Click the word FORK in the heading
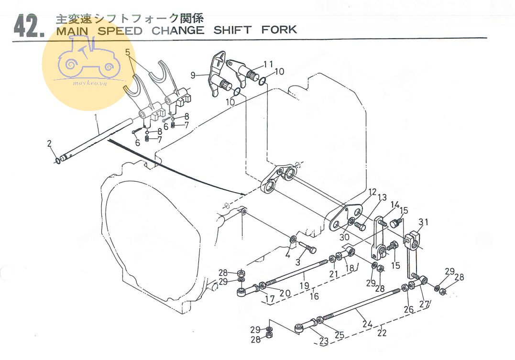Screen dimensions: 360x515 click(x=279, y=30)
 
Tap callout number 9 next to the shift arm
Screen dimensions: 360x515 click(x=193, y=75)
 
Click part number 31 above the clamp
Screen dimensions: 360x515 click(x=423, y=222)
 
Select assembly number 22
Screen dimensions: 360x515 click(x=381, y=333)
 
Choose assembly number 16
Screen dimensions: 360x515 click(x=314, y=296)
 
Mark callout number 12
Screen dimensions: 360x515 click(x=373, y=192)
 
